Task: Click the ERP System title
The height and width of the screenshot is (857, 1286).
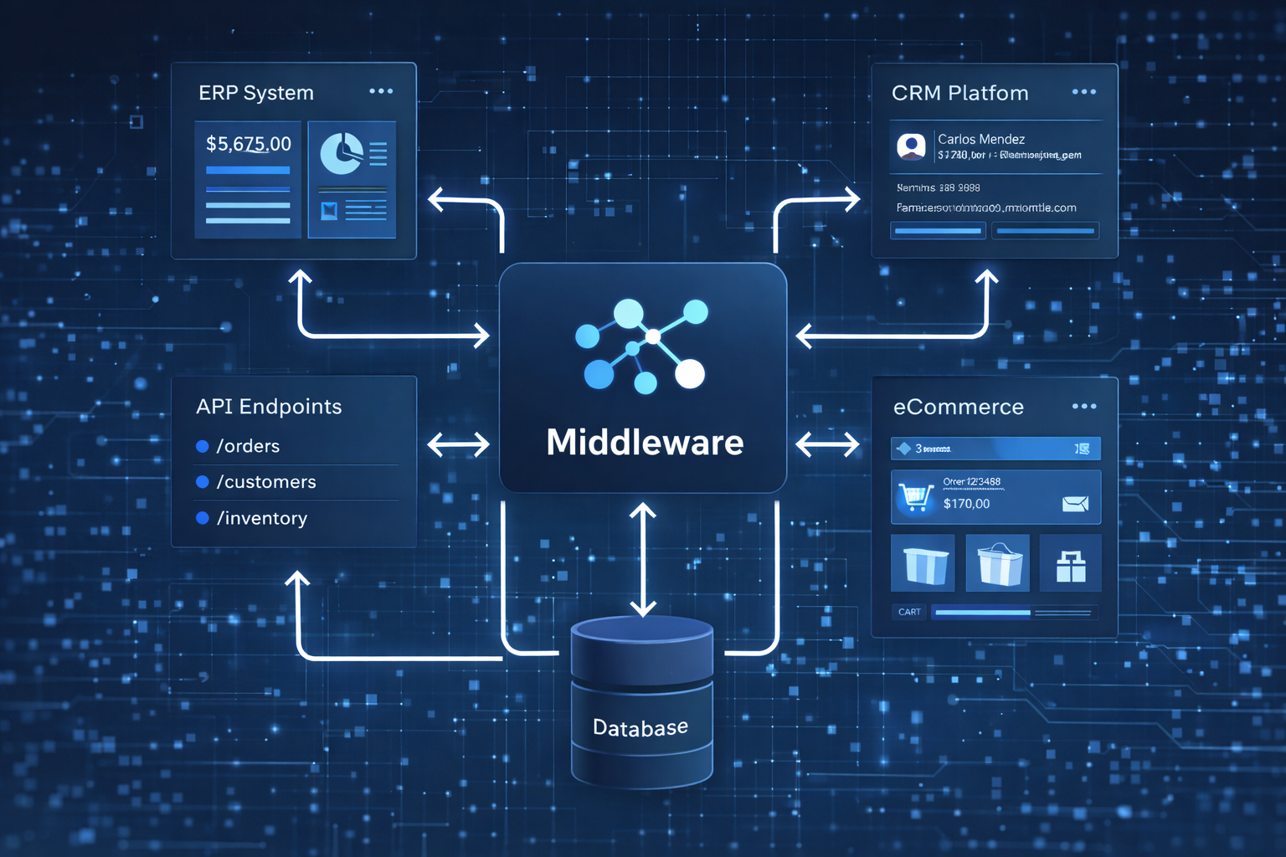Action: [x=255, y=93]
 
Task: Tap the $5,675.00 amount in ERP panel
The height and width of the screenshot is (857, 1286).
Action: [x=249, y=144]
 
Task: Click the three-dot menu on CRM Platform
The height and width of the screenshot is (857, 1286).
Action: [x=1084, y=92]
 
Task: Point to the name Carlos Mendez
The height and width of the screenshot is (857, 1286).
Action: [x=981, y=139]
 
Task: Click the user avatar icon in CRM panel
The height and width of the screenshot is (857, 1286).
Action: [x=911, y=146]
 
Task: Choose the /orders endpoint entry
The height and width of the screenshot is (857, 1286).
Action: [x=248, y=446]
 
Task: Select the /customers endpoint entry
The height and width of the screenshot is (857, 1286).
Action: [x=266, y=482]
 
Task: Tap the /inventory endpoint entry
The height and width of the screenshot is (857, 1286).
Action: [x=262, y=518]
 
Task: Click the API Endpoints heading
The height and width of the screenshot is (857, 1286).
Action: [x=269, y=407]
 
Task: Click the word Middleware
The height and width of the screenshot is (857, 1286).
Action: [x=645, y=442]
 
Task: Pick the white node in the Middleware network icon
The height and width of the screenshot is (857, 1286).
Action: [x=690, y=374]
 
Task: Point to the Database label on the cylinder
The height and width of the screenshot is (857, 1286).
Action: [x=640, y=727]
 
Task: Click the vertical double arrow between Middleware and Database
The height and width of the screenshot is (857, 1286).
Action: [x=643, y=559]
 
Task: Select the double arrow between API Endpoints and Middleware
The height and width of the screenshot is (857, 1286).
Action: [x=458, y=444]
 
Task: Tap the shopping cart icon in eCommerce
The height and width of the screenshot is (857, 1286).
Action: [x=915, y=496]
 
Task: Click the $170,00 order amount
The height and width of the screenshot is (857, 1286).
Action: [x=966, y=504]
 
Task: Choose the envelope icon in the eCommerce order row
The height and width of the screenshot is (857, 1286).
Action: [x=1075, y=503]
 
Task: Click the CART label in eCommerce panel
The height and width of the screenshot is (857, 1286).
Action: [x=909, y=612]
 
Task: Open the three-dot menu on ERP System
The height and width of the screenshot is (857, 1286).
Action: [x=381, y=91]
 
